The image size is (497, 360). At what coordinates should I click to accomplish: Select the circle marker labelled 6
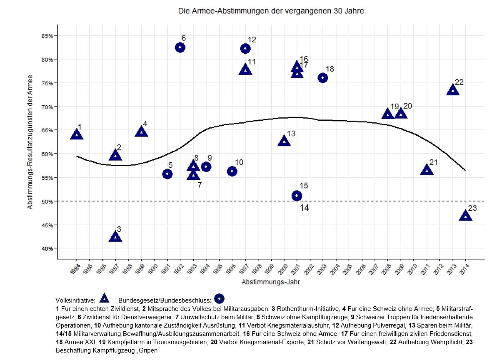tap(180, 47)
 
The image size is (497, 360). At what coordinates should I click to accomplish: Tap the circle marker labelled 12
tap(245, 49)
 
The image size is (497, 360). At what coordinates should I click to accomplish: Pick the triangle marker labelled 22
tap(452, 90)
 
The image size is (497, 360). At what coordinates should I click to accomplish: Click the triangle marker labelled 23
tap(465, 216)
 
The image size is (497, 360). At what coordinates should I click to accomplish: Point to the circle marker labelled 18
tap(322, 78)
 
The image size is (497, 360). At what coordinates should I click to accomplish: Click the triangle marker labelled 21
tap(427, 170)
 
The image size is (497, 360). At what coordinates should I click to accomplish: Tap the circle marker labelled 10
tap(232, 171)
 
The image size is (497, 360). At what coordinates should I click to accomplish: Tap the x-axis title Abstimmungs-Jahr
tap(270, 282)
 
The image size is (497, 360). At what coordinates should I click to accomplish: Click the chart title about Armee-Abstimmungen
tap(271, 11)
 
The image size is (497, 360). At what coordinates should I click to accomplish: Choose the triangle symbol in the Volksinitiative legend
tap(104, 298)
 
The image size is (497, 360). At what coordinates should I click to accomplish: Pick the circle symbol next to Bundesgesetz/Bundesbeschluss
tap(219, 298)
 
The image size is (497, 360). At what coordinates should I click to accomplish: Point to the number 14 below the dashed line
tap(304, 208)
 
